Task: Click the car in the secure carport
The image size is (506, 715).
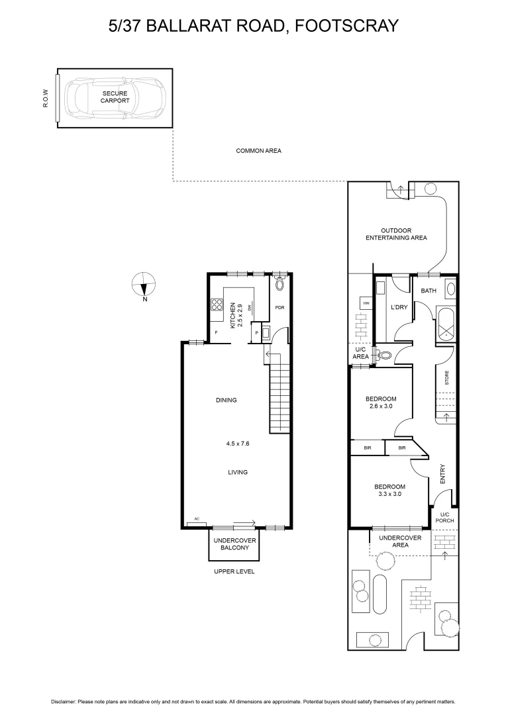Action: tap(118, 98)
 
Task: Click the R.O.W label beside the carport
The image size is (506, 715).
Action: tap(46, 98)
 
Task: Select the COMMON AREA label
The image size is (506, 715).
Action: tap(258, 151)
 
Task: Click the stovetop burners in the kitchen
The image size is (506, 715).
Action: tap(217, 305)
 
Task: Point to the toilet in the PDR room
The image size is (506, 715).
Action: tap(279, 285)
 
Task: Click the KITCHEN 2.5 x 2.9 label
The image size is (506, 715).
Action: tap(236, 316)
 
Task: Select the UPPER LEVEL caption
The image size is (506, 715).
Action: tap(234, 571)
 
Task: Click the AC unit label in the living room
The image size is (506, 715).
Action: tap(197, 519)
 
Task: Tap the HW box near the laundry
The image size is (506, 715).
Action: tap(365, 303)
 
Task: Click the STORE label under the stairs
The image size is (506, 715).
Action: tap(446, 378)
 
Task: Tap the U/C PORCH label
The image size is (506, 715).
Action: tap(445, 517)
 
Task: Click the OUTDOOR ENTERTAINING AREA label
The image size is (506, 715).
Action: tap(396, 234)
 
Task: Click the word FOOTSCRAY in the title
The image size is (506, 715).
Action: tap(346, 26)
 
